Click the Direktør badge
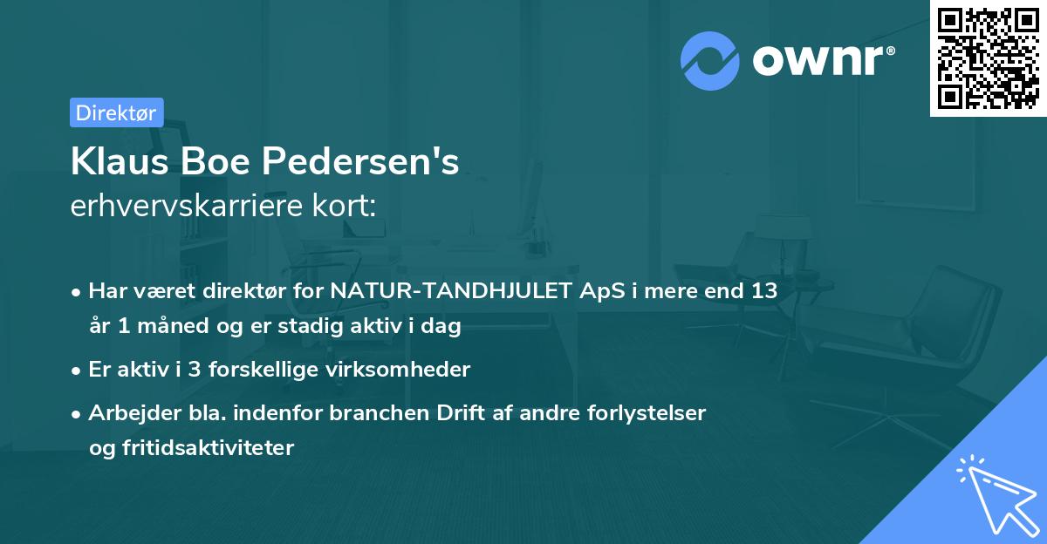click(116, 112)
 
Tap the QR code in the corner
click(987, 58)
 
